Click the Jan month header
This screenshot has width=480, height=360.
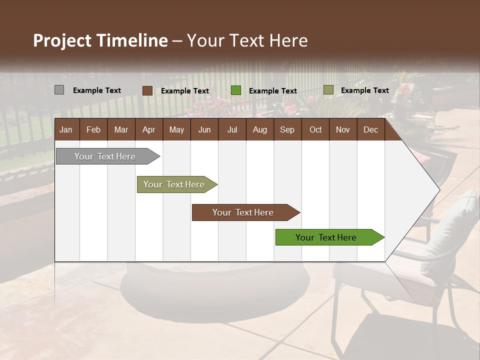coord(66,129)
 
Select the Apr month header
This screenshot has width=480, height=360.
coord(149,129)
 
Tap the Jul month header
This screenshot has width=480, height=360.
coord(232,129)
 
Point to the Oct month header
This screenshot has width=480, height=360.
coord(315,129)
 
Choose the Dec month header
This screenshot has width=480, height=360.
coord(370,129)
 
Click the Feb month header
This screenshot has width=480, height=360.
coord(93,129)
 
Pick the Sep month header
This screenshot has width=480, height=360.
coord(287,129)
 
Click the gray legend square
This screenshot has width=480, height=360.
coord(59,90)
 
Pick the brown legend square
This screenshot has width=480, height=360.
coord(147,90)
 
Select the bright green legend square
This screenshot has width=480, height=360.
coord(236,90)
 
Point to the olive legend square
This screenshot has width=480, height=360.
coord(328,90)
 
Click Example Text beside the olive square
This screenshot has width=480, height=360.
coord(364,90)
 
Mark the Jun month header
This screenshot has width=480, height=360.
coord(204,129)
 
